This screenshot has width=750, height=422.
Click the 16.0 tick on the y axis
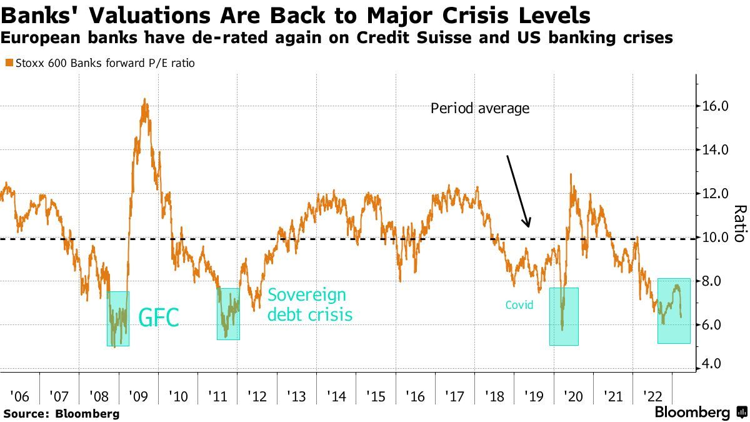point(715,106)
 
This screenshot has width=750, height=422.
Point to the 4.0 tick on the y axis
point(715,364)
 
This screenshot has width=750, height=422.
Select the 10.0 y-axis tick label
point(715,238)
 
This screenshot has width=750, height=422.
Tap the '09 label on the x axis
point(139,396)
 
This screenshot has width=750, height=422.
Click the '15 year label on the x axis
point(376,396)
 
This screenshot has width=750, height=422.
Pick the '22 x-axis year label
point(652,396)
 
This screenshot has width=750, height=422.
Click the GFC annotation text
point(158,318)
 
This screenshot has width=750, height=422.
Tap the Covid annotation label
point(520,305)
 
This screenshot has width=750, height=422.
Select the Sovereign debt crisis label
point(309,304)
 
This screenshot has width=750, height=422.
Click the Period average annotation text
point(480,108)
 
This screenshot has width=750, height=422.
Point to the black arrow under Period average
point(518,191)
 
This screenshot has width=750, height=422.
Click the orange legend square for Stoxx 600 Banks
point(8,63)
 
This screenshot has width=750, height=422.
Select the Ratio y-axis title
point(739,224)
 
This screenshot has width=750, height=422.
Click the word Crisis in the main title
point(506,15)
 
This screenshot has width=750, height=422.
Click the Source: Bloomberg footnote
point(61,413)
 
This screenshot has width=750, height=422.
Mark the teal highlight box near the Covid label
point(564,316)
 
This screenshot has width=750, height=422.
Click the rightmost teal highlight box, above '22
point(674,311)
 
